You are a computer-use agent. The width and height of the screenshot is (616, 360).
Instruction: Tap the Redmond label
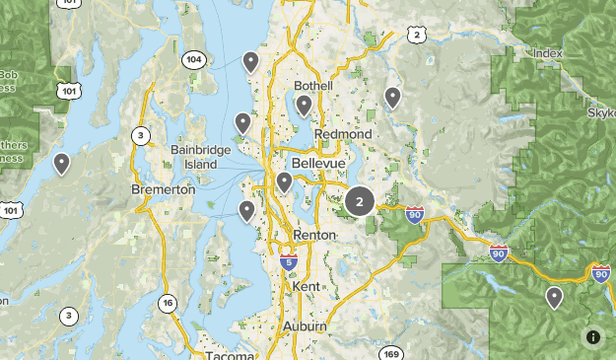(343, 134)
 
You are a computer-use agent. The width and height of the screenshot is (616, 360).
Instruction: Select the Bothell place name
(313, 86)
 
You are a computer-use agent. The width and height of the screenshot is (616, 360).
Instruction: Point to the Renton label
(314, 235)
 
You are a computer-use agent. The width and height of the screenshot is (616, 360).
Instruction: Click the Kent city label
(307, 286)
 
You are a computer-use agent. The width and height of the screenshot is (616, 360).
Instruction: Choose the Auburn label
(304, 325)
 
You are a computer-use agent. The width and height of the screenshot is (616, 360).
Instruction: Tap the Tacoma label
(230, 354)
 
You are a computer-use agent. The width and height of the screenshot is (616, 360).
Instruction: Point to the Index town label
(546, 52)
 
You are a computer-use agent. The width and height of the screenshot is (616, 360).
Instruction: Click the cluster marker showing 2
(359, 201)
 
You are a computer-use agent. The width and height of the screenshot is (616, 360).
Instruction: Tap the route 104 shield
(193, 60)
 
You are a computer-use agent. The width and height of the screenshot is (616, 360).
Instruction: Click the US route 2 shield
(417, 36)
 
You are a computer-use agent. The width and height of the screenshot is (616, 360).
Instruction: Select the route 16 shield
(169, 303)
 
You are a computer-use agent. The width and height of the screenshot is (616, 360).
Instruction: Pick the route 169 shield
(392, 353)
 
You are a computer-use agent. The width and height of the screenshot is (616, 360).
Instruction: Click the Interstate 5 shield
(288, 262)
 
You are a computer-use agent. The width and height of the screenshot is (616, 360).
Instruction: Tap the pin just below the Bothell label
(304, 104)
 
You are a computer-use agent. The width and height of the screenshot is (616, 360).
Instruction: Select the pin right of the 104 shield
(251, 62)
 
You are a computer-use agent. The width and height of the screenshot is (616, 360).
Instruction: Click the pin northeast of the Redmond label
(392, 96)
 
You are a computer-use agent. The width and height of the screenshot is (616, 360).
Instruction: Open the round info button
(593, 336)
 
